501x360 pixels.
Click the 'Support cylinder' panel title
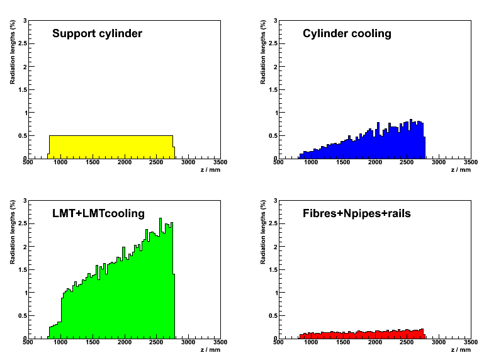click(97, 33)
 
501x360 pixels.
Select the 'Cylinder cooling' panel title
click(347, 33)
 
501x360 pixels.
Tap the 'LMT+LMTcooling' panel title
click(98, 213)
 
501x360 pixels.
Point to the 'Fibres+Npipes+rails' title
click(356, 213)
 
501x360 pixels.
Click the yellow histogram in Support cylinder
click(111, 147)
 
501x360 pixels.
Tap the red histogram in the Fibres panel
click(365, 334)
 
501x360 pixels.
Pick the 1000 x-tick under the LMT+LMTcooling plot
click(60, 343)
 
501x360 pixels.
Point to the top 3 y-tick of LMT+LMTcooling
click(25, 201)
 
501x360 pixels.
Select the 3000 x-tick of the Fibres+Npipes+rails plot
click(439, 343)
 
